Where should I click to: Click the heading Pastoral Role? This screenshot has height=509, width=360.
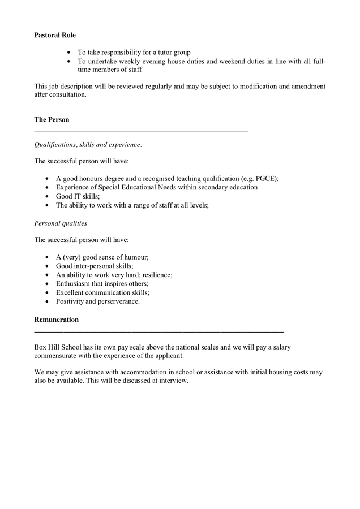pos(55,35)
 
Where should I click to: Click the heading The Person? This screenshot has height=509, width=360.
pos(52,120)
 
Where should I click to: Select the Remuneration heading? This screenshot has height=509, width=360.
pos(57,320)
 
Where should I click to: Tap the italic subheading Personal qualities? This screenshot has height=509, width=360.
pos(61,223)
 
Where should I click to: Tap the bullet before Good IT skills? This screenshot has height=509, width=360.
pos(47,197)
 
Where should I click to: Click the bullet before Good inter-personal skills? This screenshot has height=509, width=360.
pos(47,266)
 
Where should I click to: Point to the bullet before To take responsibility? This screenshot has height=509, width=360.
pos(69,52)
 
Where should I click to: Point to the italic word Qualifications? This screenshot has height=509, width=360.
pos(55,145)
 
